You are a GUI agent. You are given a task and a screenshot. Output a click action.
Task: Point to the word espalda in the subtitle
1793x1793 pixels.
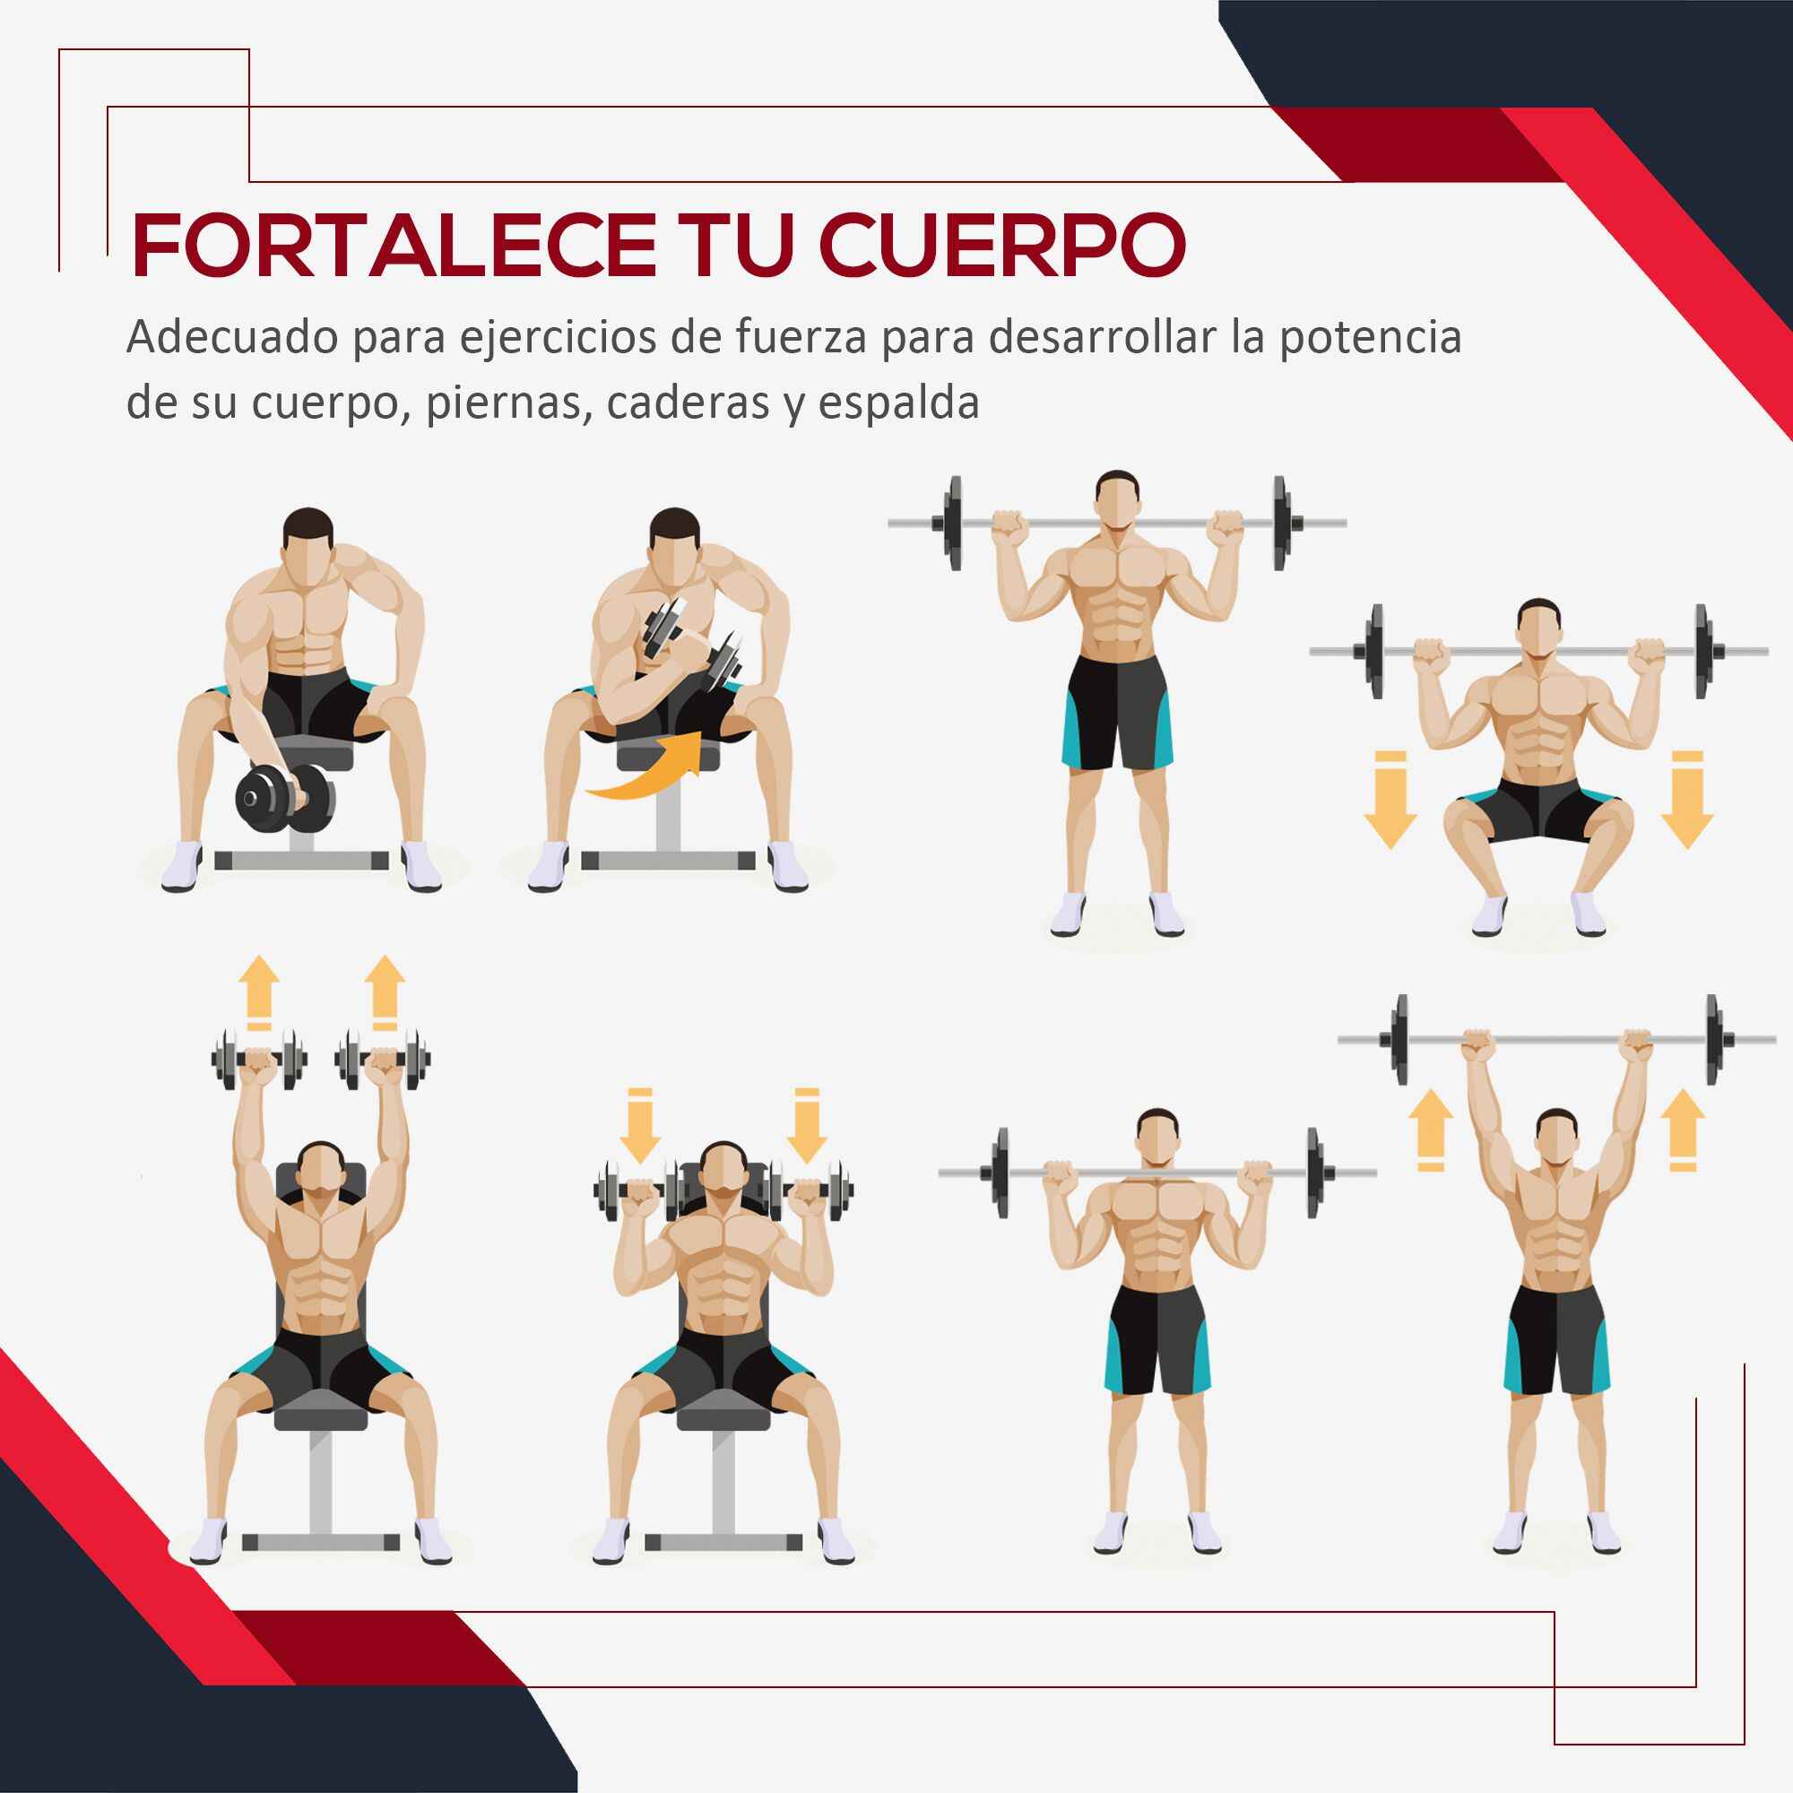tap(900, 404)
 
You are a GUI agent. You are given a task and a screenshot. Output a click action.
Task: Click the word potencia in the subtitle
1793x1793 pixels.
tap(1372, 338)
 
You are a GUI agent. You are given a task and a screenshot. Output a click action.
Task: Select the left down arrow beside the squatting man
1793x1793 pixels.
tap(1390, 800)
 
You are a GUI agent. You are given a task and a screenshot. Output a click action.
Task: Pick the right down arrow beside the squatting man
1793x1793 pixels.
tap(1686, 800)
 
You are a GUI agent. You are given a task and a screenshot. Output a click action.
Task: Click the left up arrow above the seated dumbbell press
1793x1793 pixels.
tap(259, 992)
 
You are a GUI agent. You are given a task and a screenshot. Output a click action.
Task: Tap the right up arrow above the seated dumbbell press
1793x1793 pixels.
tap(385, 992)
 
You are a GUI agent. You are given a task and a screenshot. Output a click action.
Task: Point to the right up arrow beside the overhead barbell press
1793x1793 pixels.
tap(1683, 1129)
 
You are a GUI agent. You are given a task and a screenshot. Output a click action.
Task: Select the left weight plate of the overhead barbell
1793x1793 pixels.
tap(1400, 1038)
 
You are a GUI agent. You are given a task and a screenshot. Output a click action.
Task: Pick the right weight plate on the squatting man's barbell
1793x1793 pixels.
tap(1703, 651)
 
